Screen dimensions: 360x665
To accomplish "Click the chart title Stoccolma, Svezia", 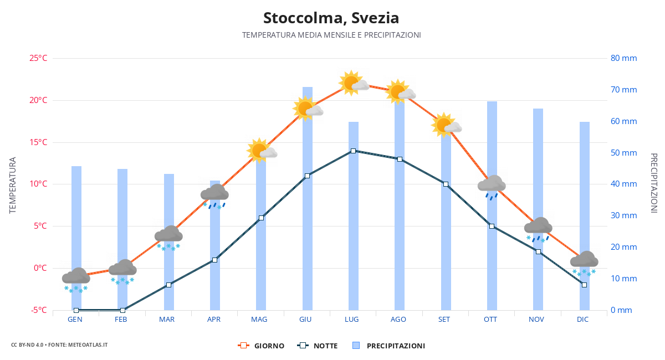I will pyautogui.click(x=331, y=18).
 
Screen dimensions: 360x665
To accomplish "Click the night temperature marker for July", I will pyautogui.click(x=353, y=151).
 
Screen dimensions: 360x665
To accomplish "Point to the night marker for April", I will pyautogui.click(x=215, y=260).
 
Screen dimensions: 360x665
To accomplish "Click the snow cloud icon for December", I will pyautogui.click(x=584, y=261).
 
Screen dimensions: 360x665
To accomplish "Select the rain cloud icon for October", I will pyautogui.click(x=492, y=186).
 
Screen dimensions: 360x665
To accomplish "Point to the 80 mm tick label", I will pyautogui.click(x=623, y=58).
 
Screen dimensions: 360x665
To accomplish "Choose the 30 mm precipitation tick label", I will pyautogui.click(x=623, y=215).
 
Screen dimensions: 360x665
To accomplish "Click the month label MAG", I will pyautogui.click(x=259, y=320).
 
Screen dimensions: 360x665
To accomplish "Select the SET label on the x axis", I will pyautogui.click(x=444, y=320).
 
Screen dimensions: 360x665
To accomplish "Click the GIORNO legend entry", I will pyautogui.click(x=261, y=346).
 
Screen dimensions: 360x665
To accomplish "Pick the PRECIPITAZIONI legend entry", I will pyautogui.click(x=389, y=346).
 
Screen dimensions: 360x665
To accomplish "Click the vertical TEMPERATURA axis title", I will pyautogui.click(x=13, y=185).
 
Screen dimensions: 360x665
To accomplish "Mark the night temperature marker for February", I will pyautogui.click(x=122, y=310).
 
